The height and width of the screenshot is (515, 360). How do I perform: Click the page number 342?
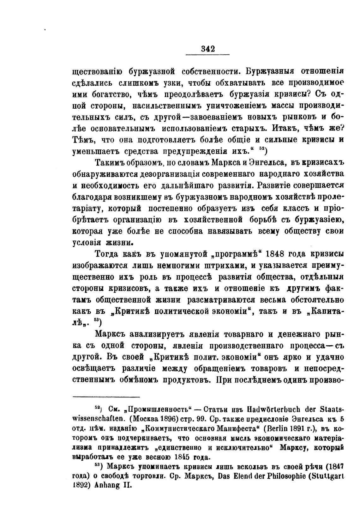coord(207,49)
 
